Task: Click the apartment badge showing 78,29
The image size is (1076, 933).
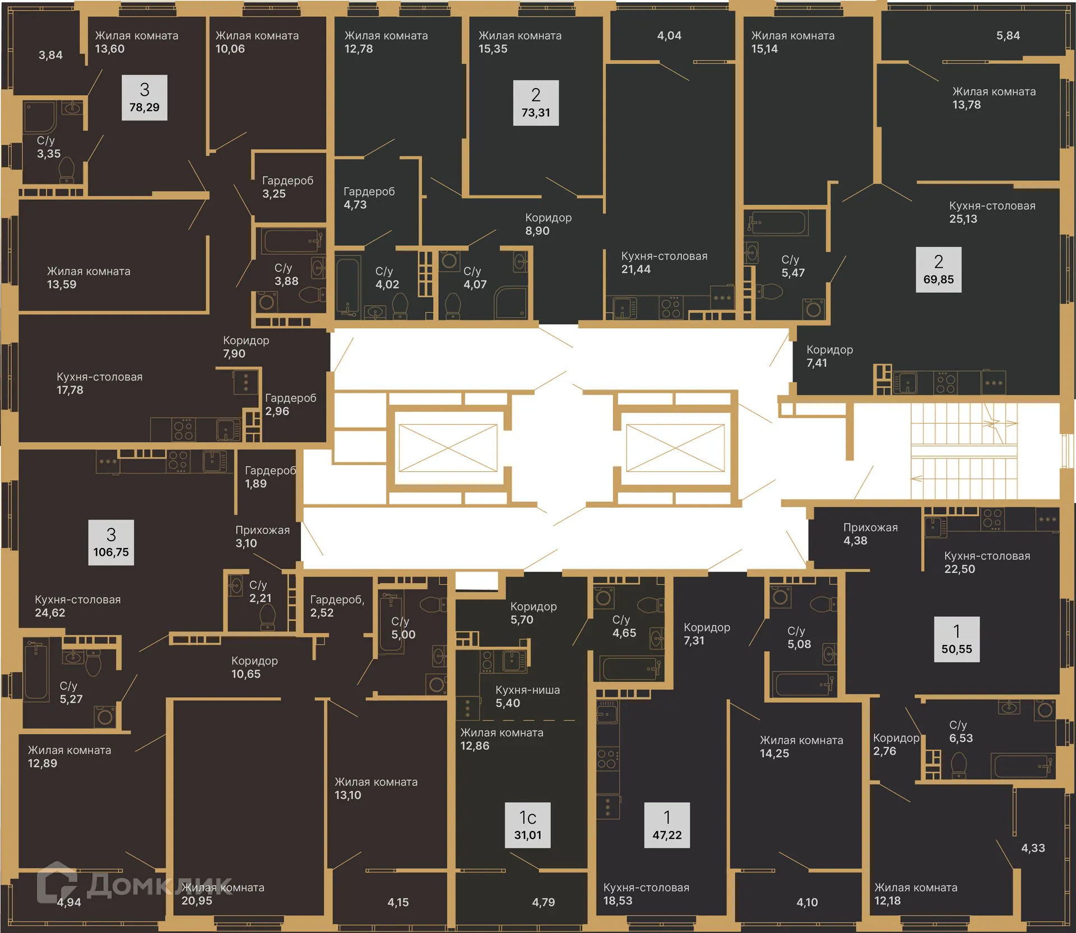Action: tap(144, 98)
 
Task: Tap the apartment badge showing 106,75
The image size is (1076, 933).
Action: tap(111, 542)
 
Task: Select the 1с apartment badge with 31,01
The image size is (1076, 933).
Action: tap(527, 825)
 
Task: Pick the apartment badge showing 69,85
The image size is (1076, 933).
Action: tap(938, 270)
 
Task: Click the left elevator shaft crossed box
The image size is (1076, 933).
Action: tap(448, 448)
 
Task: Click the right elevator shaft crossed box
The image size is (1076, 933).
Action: tap(675, 448)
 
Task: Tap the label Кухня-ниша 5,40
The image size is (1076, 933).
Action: tap(527, 697)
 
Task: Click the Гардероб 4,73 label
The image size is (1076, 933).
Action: tap(369, 198)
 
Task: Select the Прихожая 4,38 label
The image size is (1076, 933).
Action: tap(870, 534)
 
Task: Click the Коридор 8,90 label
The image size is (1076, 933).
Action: tap(548, 224)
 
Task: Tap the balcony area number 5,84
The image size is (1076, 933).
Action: tap(1008, 36)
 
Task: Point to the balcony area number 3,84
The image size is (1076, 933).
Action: tap(50, 55)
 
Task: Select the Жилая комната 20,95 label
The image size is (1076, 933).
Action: tap(222, 894)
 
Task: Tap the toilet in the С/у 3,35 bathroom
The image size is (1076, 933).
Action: tap(67, 169)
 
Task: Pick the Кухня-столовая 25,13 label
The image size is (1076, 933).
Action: tap(991, 212)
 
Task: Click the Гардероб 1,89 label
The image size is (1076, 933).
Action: tap(270, 477)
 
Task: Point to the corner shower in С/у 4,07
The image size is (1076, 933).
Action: tap(511, 303)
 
